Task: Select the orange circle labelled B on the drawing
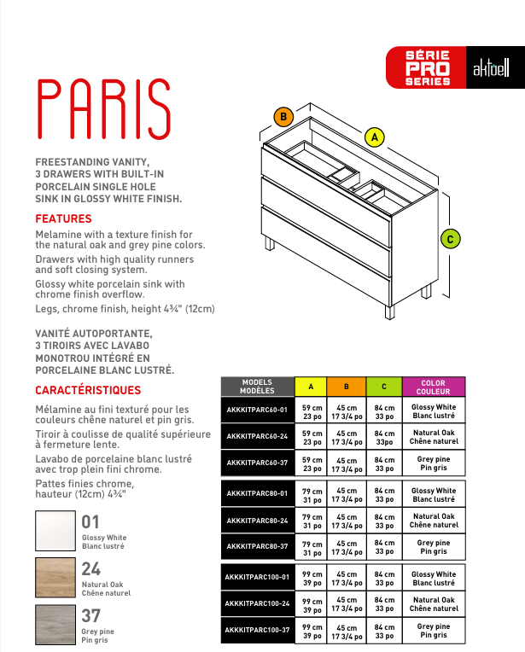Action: pyautogui.click(x=284, y=116)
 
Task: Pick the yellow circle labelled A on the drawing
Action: pyautogui.click(x=373, y=136)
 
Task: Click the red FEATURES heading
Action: pyautogui.click(x=63, y=218)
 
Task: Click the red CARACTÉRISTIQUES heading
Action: pyautogui.click(x=88, y=390)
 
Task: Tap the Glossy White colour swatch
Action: pyautogui.click(x=55, y=531)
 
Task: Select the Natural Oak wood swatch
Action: pyautogui.click(x=55, y=578)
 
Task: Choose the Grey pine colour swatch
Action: pyautogui.click(x=55, y=625)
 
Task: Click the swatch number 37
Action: pyautogui.click(x=91, y=615)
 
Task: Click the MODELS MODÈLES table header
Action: pyautogui.click(x=257, y=387)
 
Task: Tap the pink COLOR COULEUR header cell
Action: pyautogui.click(x=433, y=387)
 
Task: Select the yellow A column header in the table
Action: pyautogui.click(x=311, y=387)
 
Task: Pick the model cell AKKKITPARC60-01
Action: pyautogui.click(x=257, y=410)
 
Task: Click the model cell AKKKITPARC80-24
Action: pyautogui.click(x=257, y=520)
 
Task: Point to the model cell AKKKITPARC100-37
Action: pyautogui.click(x=257, y=630)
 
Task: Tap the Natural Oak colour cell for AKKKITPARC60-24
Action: pyautogui.click(x=433, y=437)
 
